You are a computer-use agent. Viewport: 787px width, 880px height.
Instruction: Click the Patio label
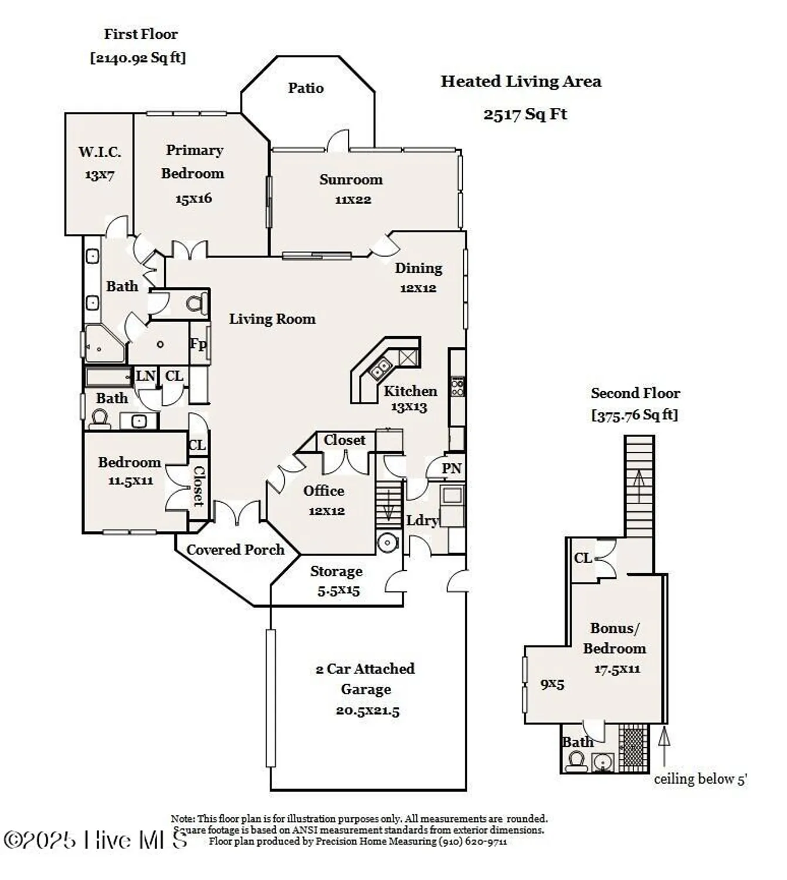point(306,88)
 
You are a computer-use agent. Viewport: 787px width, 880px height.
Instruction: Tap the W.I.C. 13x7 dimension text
point(99,175)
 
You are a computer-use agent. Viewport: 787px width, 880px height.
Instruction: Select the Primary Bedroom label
point(194,162)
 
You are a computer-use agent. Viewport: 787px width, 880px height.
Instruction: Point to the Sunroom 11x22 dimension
point(352,199)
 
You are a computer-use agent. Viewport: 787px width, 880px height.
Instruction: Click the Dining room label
point(418,268)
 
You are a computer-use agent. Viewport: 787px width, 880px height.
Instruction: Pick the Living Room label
point(272,319)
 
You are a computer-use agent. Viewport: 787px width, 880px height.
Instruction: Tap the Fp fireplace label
point(198,343)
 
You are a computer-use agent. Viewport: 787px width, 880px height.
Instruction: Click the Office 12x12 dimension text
point(327,511)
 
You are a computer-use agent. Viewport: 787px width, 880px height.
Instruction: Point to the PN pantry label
point(452,468)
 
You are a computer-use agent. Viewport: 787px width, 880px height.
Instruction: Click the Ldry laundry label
point(422,520)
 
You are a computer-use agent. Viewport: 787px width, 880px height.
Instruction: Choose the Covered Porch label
point(235,550)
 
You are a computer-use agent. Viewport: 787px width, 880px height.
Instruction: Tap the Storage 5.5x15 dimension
point(338,591)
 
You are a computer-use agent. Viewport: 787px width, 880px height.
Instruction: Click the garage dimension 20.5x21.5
point(367,710)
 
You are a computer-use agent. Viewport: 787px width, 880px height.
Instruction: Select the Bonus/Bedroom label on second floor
point(615,638)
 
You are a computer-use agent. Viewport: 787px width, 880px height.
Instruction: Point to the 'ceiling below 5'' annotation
point(700,779)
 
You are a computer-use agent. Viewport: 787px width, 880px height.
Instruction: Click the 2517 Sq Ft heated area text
point(525,114)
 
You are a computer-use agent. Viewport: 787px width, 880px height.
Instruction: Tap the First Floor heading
point(141,34)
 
